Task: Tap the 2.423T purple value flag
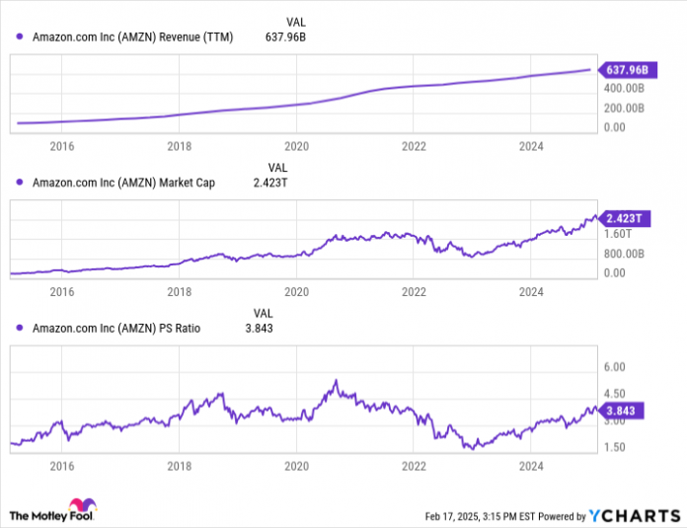(x=624, y=217)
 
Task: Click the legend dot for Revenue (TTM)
(x=20, y=38)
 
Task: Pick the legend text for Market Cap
(x=124, y=183)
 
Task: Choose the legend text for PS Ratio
(x=116, y=328)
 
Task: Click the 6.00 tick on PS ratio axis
(x=614, y=366)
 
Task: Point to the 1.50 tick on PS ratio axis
(x=614, y=447)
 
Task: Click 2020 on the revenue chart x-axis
(x=296, y=146)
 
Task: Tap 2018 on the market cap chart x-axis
(x=179, y=291)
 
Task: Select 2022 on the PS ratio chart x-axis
(x=414, y=464)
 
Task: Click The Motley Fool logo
(x=54, y=513)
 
